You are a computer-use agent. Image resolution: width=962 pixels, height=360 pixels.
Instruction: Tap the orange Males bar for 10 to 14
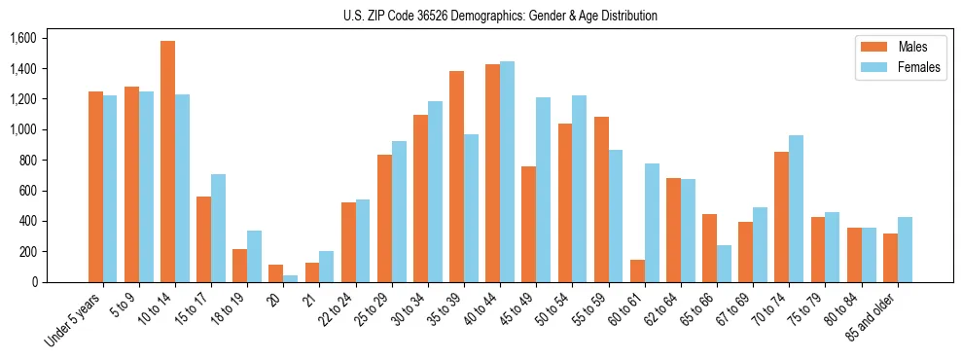167,162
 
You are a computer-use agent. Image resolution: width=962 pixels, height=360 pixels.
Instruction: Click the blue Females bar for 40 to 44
507,172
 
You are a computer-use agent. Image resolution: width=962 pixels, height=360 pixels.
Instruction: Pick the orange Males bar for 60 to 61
637,271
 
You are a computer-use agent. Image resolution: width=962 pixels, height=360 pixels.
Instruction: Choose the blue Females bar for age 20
291,278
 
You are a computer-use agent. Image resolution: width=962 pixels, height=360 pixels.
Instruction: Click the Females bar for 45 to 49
543,190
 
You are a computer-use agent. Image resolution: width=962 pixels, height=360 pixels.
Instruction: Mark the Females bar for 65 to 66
724,264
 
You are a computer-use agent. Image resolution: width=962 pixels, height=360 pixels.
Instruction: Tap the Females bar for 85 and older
905,250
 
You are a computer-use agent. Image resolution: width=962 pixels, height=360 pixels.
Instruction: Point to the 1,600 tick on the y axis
22,39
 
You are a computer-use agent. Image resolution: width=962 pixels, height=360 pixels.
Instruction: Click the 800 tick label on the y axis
27,161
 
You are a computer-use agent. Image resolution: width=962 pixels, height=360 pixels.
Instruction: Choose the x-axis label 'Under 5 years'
74,318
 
